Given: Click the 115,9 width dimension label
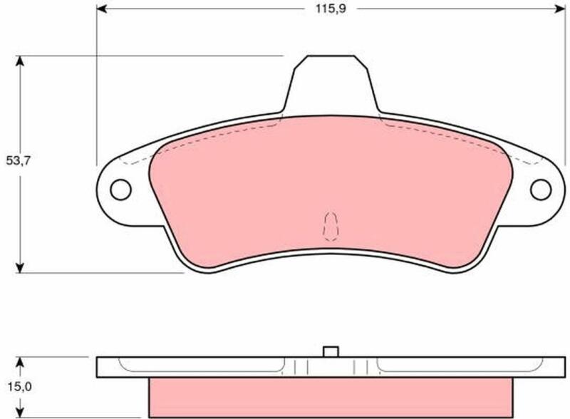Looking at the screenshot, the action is point(331,9).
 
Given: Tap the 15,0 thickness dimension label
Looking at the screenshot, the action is point(20,387).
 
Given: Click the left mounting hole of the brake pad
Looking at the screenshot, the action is point(120,190).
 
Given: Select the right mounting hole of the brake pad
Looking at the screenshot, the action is point(541,190).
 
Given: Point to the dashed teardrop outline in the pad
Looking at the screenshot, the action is point(331,227).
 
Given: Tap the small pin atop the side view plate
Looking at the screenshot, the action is point(331,351).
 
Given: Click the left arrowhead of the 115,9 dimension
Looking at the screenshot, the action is point(101,9).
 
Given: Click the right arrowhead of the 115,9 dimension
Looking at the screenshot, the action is point(561,9).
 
